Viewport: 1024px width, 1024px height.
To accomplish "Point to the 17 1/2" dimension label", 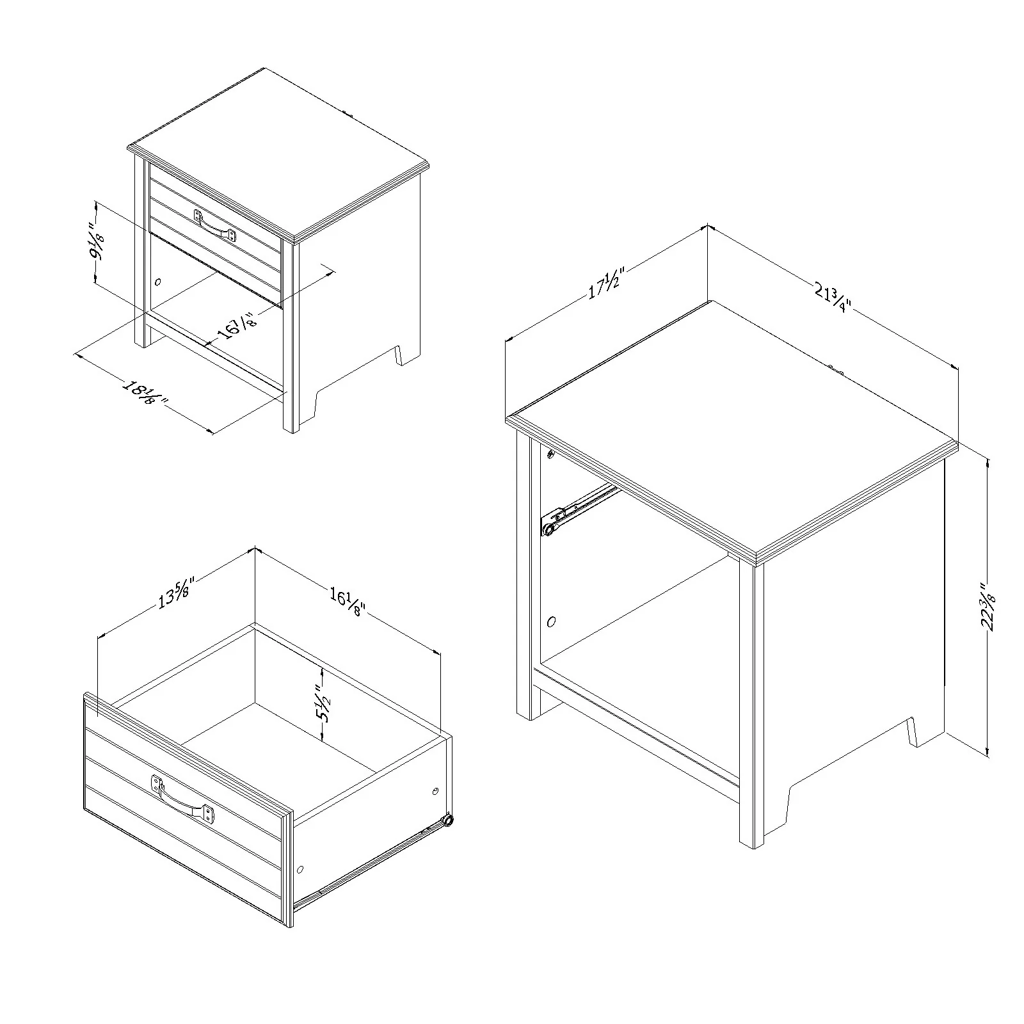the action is point(604,284).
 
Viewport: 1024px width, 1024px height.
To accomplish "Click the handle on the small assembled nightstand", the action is point(215,226).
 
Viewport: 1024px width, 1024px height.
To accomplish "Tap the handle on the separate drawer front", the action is point(183,799).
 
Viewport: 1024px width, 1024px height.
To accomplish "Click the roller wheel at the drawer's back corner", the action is point(449,820).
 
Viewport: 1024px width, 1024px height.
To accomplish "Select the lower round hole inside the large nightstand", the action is point(552,621).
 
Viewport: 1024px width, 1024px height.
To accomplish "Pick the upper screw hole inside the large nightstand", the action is point(550,454).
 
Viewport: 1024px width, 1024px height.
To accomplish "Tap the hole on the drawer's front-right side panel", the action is point(300,870).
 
